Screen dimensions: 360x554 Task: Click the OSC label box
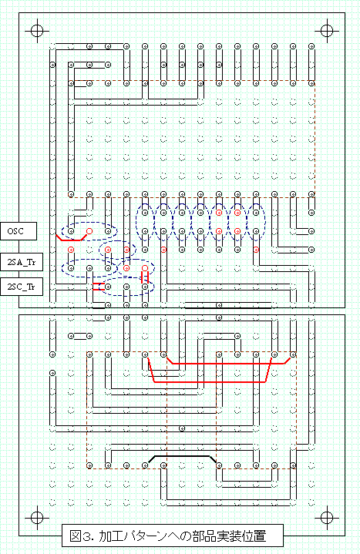click(19, 231)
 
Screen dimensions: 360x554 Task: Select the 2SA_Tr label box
click(22, 262)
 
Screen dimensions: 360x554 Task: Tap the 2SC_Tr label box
click(22, 287)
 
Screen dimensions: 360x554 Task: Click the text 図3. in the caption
click(82, 536)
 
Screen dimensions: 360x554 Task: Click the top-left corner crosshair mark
click(37, 31)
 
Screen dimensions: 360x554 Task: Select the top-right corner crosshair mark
click(327, 31)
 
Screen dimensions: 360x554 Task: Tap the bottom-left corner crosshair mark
click(37, 518)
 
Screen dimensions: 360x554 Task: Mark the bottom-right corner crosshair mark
click(327, 518)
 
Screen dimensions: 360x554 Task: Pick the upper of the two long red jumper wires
click(228, 363)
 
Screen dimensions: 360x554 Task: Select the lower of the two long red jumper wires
click(210, 382)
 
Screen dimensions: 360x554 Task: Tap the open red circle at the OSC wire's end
click(89, 231)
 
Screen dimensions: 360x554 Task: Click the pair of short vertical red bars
click(145, 277)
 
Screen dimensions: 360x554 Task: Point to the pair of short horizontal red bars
click(96, 287)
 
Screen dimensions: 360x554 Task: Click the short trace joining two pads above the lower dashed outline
click(80, 336)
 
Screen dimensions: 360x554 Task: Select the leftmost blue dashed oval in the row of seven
click(145, 222)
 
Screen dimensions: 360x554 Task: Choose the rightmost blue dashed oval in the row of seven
click(256, 222)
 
